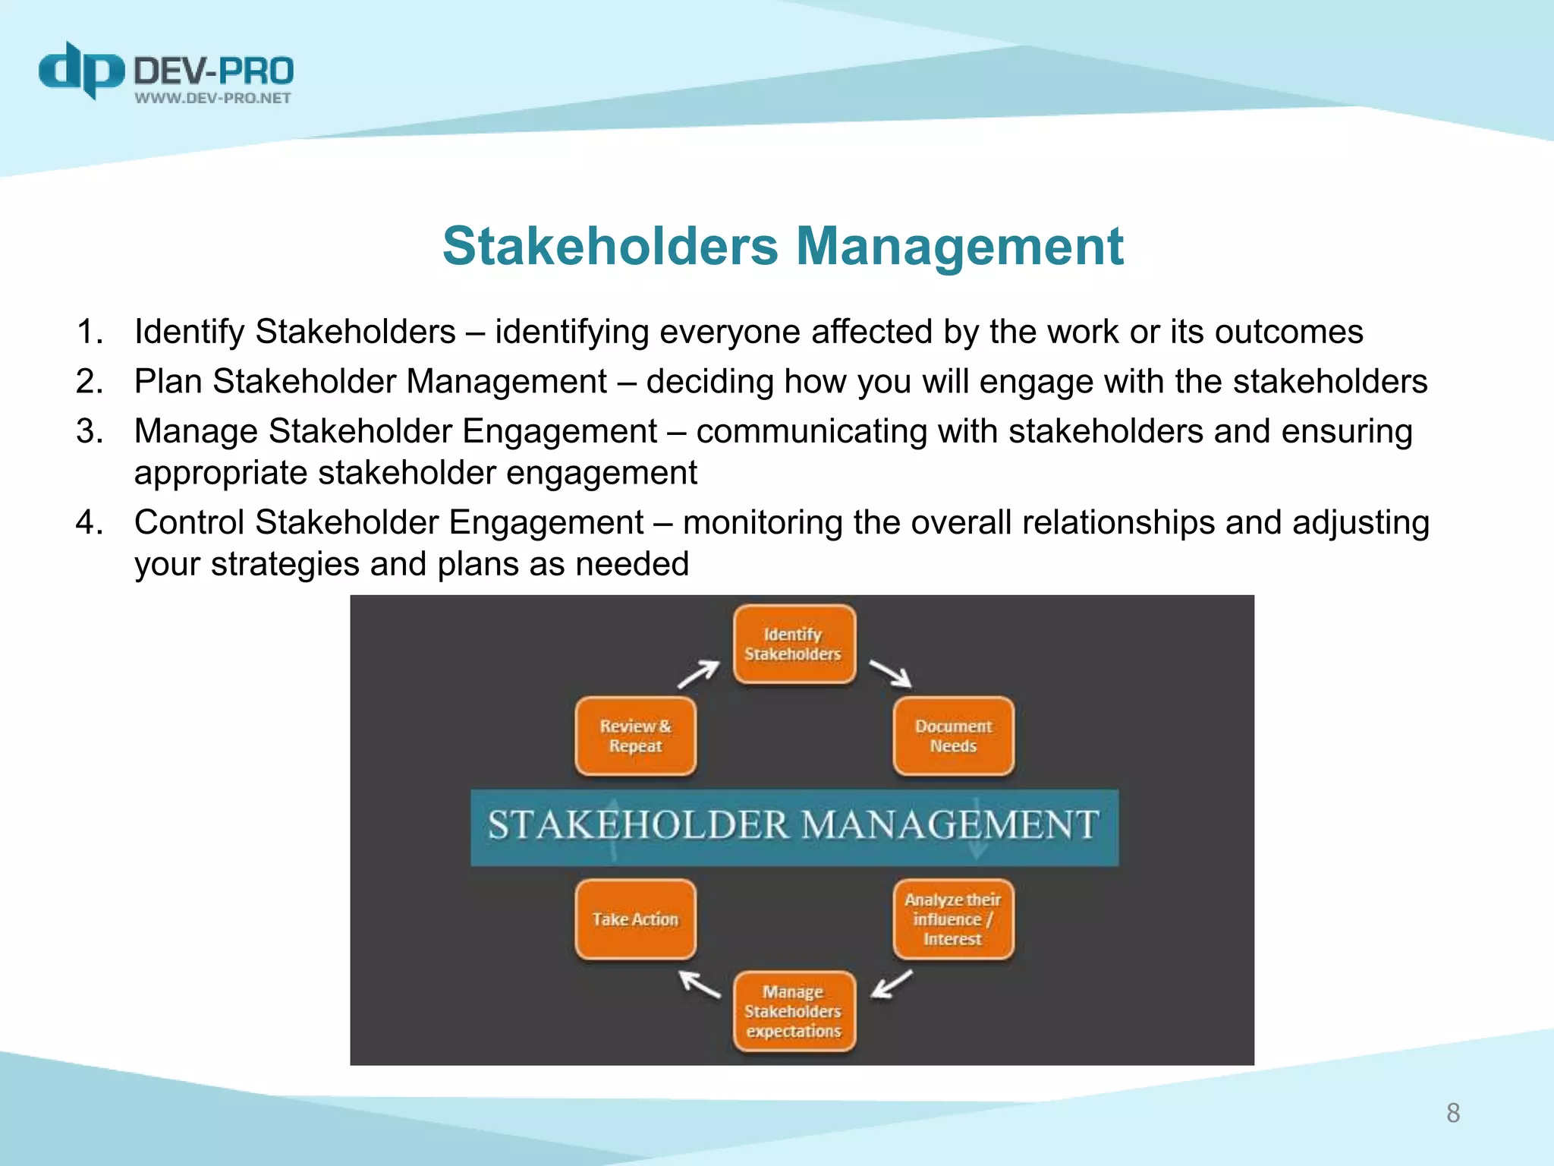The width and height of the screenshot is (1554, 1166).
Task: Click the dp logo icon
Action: click(80, 70)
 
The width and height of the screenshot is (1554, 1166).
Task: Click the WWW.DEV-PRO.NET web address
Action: click(212, 98)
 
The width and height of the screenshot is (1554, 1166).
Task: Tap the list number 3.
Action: click(90, 431)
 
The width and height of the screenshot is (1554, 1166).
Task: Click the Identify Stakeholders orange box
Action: click(794, 644)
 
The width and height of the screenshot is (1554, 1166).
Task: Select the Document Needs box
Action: click(953, 736)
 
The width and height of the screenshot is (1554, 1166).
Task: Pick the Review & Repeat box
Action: click(635, 736)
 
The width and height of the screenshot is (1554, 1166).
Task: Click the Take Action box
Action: click(635, 919)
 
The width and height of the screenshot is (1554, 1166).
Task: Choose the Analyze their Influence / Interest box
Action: click(953, 919)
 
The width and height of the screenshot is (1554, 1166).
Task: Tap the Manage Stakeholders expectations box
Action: click(794, 1011)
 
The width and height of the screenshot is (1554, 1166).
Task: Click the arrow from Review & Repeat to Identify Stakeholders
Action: click(698, 673)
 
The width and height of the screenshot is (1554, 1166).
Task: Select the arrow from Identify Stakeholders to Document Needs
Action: click(890, 673)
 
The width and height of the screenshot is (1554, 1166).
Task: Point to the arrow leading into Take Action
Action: click(700, 984)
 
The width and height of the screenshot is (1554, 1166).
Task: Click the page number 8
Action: click(1452, 1113)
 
